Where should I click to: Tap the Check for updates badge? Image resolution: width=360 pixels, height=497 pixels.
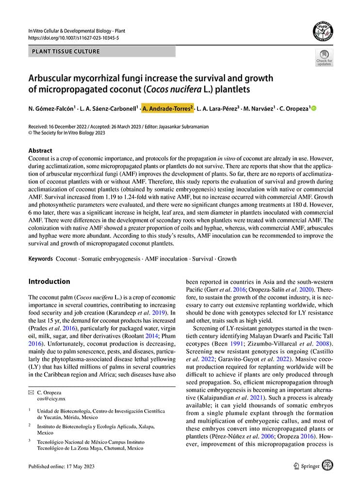(324, 57)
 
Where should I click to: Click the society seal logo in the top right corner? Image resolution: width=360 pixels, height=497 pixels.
(323, 32)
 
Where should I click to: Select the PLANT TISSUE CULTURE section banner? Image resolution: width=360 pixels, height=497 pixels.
(66, 51)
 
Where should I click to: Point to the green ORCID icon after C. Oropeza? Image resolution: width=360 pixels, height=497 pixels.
(313, 108)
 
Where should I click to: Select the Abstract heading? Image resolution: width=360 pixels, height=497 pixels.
(40, 150)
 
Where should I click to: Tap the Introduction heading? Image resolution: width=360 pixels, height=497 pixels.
(49, 282)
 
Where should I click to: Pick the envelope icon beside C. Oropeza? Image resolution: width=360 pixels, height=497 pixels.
(31, 392)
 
